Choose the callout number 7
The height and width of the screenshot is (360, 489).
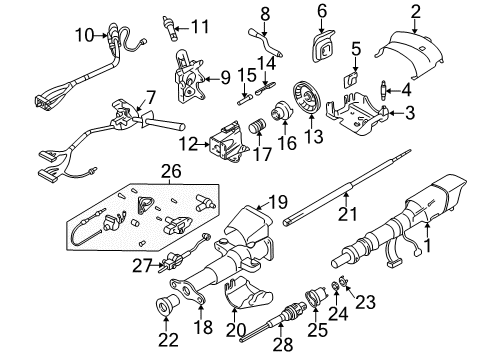click(150, 97)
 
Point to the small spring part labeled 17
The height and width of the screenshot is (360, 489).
click(256, 131)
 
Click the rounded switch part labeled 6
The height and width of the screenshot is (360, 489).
click(324, 37)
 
